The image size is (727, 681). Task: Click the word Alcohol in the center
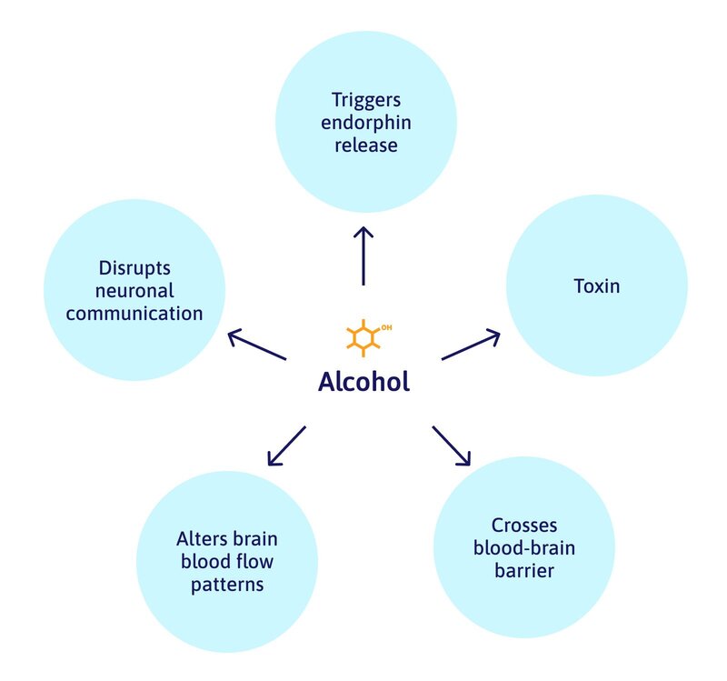coord(363,381)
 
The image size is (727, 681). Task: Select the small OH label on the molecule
coord(386,325)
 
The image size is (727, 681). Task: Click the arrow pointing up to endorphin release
coord(363,255)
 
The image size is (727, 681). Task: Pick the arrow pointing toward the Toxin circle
coord(471,345)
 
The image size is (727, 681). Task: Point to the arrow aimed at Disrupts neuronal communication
coord(257,346)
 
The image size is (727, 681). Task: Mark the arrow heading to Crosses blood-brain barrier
coord(452,446)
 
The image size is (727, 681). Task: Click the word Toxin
coord(596,286)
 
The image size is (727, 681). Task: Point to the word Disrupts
coord(134,270)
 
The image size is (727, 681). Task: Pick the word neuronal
coord(134,292)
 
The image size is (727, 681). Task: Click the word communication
coord(134,315)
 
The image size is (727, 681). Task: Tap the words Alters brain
coord(227,539)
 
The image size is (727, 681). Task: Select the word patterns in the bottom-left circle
coord(227,584)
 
